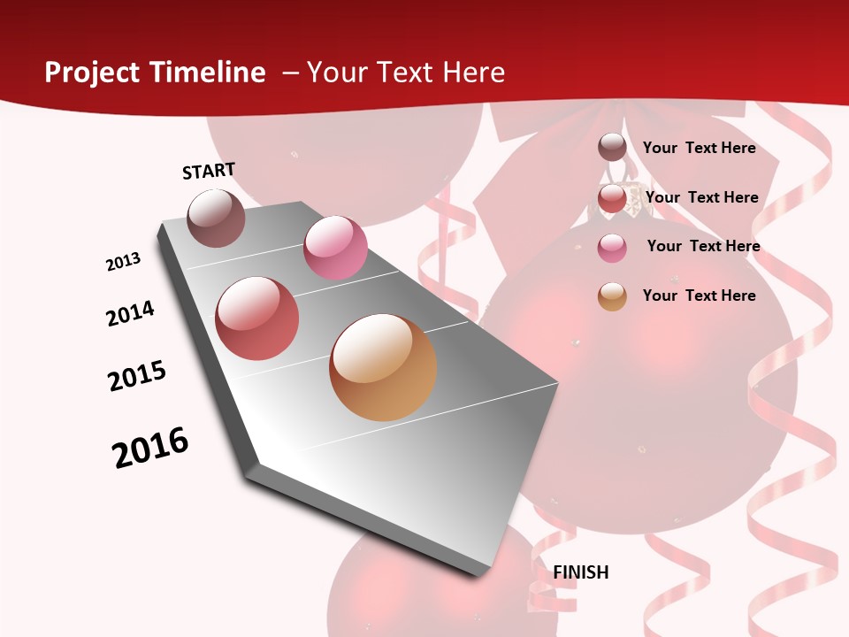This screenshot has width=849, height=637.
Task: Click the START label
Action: (209, 171)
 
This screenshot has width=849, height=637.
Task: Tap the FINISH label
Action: (581, 572)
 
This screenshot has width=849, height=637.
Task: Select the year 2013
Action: (123, 262)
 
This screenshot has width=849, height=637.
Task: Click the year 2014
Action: (130, 313)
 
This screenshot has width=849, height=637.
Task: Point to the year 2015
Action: (137, 375)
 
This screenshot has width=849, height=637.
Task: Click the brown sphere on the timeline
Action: (217, 218)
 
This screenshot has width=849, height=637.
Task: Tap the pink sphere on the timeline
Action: (335, 248)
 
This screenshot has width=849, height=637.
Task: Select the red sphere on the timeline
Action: (257, 318)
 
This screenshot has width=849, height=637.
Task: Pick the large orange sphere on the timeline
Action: (383, 367)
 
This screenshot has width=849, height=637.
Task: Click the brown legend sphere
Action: (612, 147)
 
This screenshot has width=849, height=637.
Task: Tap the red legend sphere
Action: (612, 198)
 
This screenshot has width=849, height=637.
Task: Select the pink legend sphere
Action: (612, 248)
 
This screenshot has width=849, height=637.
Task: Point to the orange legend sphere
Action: (612, 296)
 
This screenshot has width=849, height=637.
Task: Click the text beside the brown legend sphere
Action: (699, 148)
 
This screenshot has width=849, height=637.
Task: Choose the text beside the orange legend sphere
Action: (699, 295)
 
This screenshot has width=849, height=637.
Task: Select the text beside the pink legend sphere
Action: (703, 246)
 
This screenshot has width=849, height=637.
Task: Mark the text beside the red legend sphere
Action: (701, 197)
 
